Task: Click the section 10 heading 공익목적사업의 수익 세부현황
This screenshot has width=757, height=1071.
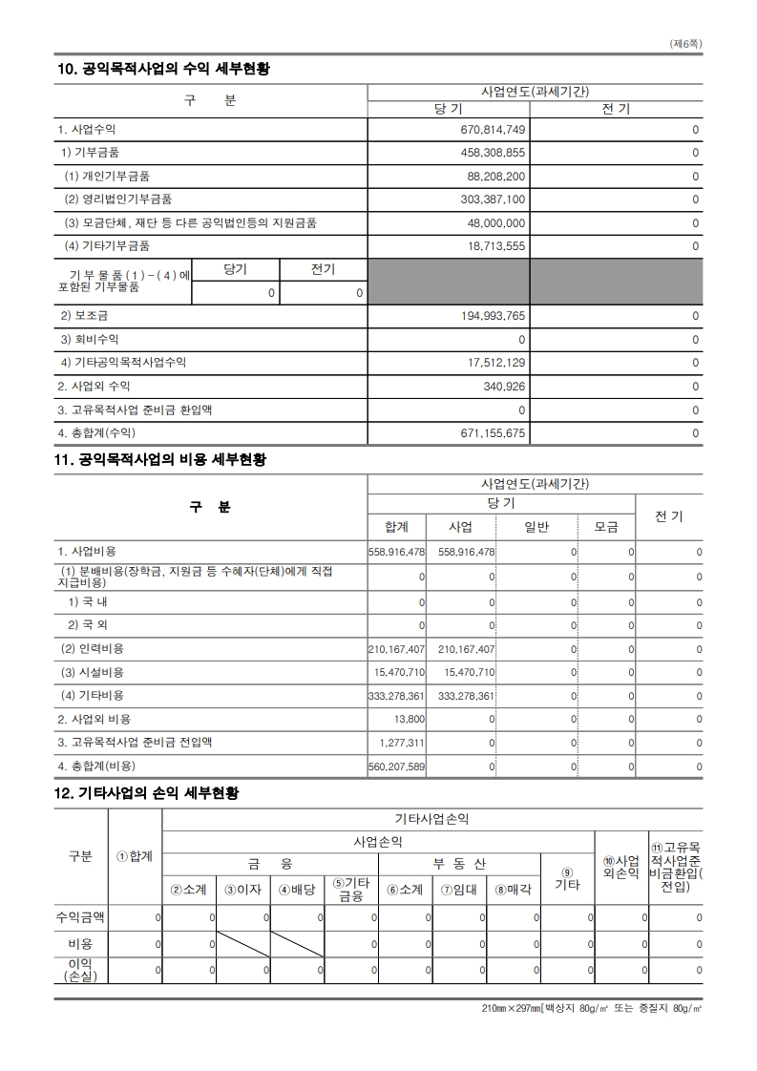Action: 162,69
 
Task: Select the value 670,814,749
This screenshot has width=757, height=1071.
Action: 493,130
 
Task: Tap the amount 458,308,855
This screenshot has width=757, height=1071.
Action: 493,153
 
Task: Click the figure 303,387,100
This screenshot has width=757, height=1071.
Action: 493,199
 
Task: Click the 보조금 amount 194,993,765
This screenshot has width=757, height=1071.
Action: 493,316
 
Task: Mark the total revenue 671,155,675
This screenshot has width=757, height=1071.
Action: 493,432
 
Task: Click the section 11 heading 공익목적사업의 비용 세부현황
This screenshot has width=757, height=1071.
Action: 162,460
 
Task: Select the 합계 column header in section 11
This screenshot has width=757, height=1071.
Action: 396,527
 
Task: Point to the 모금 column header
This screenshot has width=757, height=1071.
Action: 606,527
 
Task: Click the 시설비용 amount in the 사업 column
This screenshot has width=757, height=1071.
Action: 469,673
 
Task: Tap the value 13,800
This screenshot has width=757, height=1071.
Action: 410,719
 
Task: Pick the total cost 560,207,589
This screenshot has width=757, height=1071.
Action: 396,766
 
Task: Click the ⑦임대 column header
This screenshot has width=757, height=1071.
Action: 459,890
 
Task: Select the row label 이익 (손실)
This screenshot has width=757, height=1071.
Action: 80,970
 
